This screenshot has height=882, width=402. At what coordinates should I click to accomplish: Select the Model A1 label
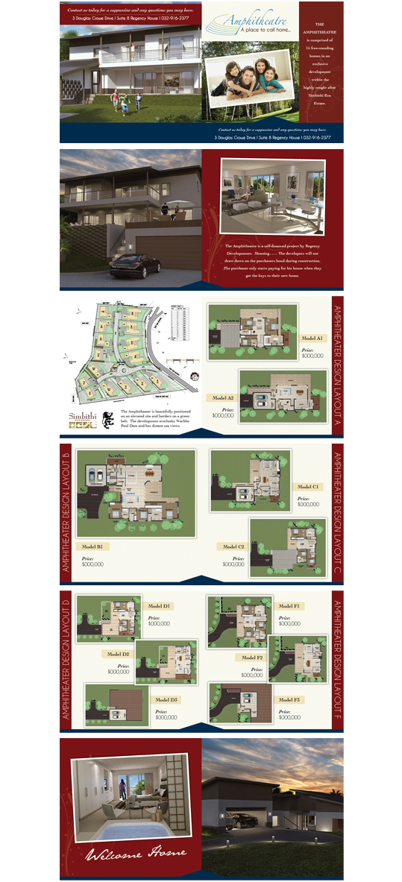click(x=312, y=338)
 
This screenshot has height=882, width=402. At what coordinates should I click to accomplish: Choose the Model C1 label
click(x=309, y=487)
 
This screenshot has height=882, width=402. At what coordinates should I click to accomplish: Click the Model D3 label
click(x=166, y=700)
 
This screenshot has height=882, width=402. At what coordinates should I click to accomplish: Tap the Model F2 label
click(x=249, y=658)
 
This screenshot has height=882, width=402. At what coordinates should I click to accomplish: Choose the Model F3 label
click(x=289, y=700)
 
